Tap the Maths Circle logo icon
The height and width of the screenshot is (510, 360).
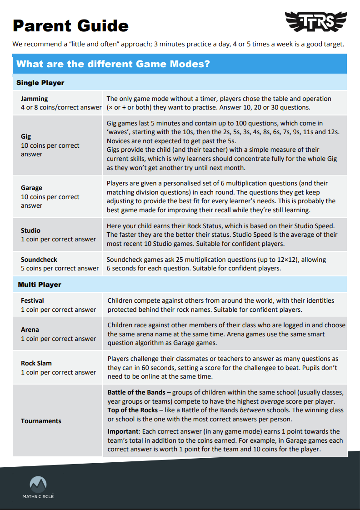click(38, 485)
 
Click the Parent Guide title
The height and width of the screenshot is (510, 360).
click(70, 25)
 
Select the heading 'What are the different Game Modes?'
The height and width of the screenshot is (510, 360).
click(113, 64)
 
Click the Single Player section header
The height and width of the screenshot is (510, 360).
click(40, 83)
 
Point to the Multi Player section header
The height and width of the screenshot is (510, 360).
click(40, 285)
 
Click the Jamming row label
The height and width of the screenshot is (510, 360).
click(34, 99)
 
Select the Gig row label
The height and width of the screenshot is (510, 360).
click(26, 136)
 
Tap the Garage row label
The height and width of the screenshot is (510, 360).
click(31, 188)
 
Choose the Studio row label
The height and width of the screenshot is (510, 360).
click(30, 230)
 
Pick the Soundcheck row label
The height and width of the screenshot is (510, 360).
click(39, 260)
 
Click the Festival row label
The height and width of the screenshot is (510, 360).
click(32, 300)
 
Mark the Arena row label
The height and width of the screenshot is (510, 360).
click(30, 330)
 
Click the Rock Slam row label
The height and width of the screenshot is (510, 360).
click(36, 363)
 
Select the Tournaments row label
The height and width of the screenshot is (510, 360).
click(41, 421)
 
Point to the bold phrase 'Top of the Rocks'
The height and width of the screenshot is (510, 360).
click(132, 410)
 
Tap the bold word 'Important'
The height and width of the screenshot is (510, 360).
click(123, 431)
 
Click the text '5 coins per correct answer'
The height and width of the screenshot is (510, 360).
click(60, 268)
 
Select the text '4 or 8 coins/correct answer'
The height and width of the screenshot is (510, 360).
click(61, 107)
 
